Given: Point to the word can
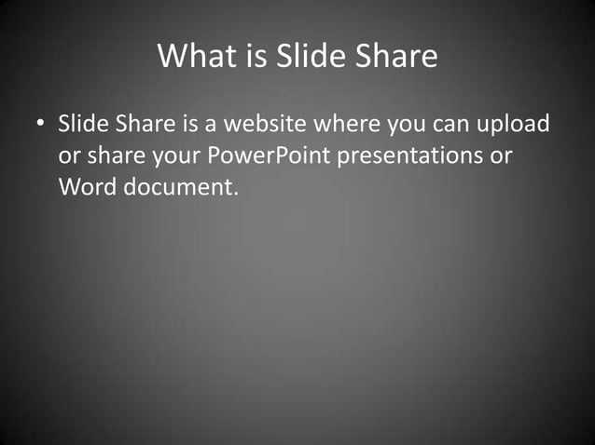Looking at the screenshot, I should click(x=453, y=125).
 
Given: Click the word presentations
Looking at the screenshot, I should click(x=409, y=155).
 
